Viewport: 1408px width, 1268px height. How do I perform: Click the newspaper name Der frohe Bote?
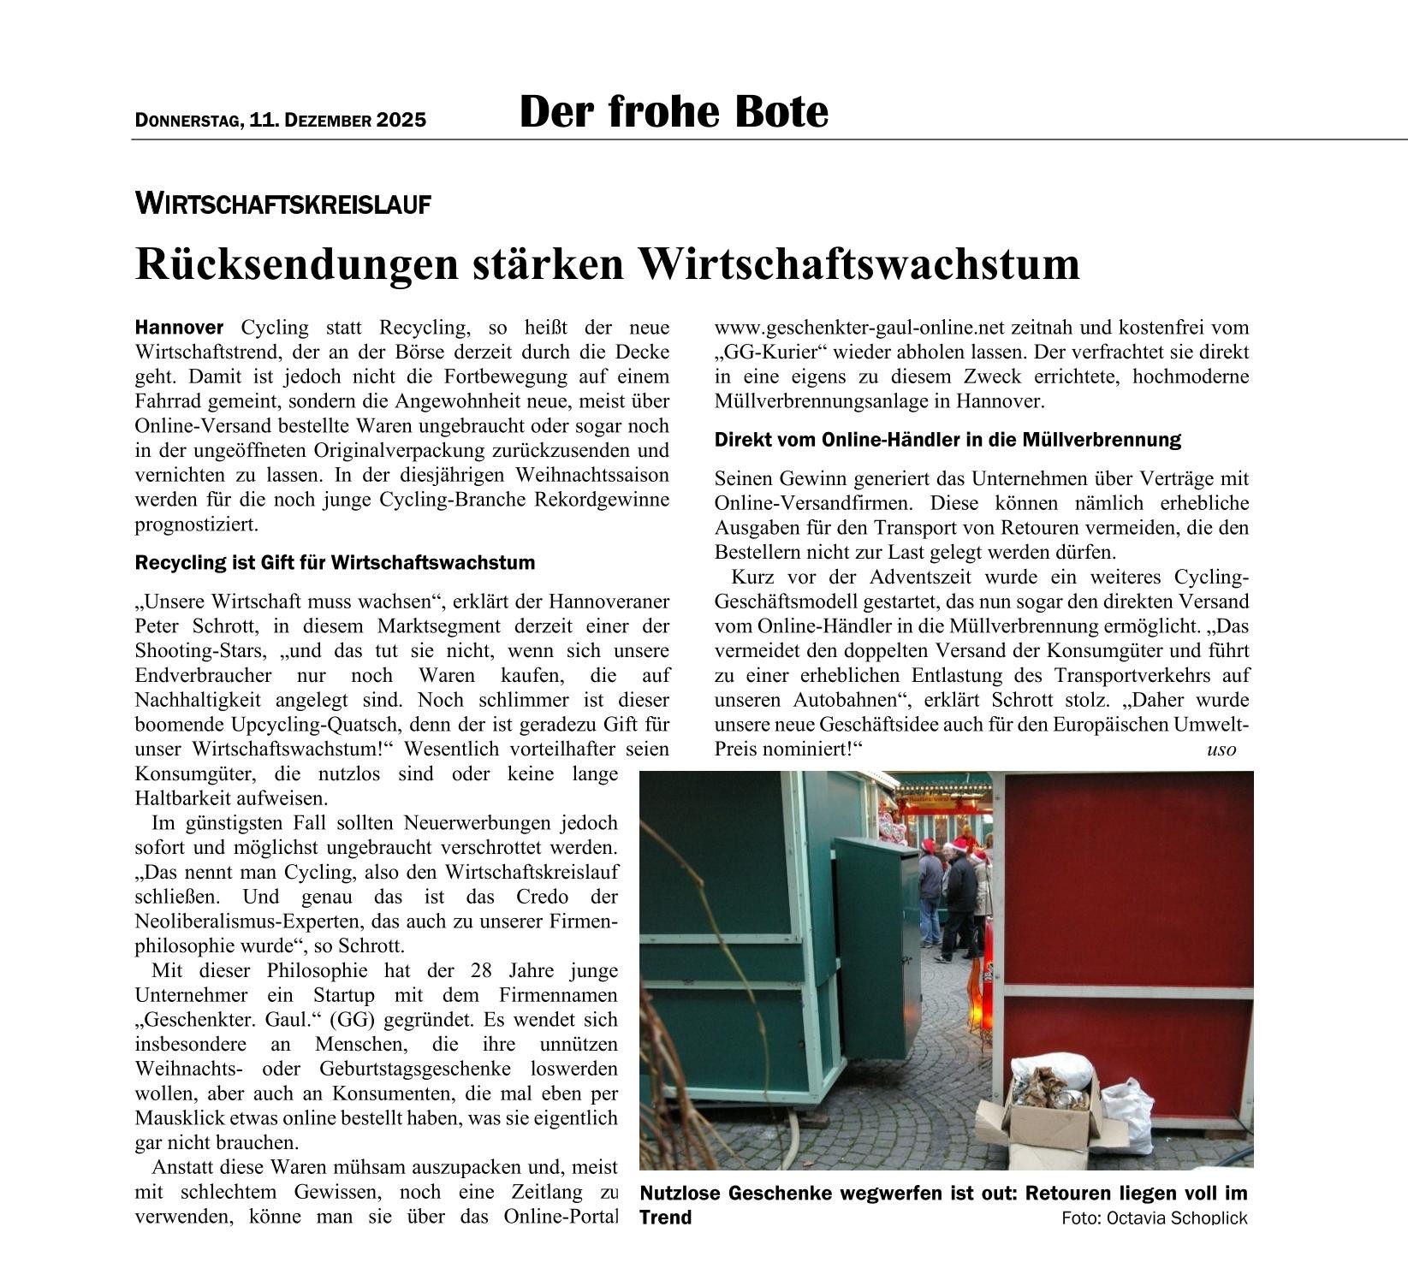click(674, 112)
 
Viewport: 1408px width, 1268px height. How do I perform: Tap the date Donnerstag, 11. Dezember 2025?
click(280, 120)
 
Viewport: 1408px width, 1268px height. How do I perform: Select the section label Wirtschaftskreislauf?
click(282, 204)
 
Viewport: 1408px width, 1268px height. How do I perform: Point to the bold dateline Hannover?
click(179, 327)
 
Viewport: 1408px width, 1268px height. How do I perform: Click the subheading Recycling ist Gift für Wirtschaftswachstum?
click(335, 563)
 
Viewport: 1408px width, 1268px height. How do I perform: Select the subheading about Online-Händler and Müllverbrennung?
click(948, 440)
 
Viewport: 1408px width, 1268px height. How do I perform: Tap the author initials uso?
click(1221, 750)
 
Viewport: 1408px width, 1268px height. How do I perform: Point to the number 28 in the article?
click(481, 971)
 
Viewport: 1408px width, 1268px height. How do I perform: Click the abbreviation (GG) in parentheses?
click(353, 1020)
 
